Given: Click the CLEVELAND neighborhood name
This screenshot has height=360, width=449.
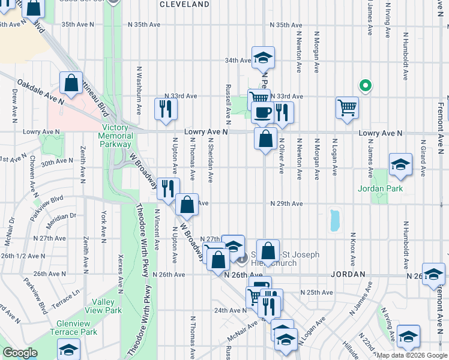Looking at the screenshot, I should (x=185, y=4).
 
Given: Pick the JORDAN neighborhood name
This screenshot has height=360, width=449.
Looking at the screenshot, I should (x=348, y=274).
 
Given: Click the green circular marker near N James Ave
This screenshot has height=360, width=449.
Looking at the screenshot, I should (x=363, y=85).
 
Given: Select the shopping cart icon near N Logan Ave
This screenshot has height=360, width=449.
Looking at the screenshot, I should (x=347, y=108).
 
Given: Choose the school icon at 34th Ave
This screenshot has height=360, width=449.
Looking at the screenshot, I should (x=262, y=58).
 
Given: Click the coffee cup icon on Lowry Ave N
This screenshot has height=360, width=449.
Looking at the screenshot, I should (x=262, y=112).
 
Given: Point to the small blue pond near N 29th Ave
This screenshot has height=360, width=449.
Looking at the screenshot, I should (x=334, y=220).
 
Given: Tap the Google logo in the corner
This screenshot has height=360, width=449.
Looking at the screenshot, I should (x=20, y=352).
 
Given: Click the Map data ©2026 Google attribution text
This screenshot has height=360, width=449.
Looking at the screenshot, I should (x=412, y=355).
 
